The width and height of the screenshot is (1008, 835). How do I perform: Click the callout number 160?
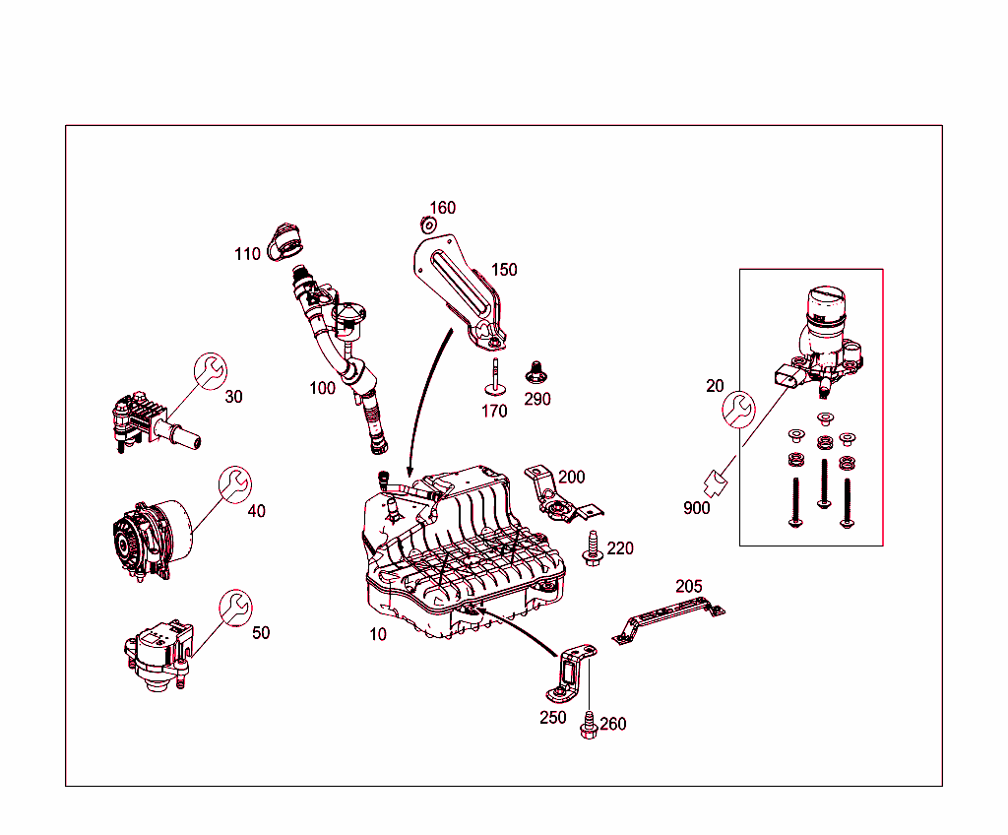click(442, 208)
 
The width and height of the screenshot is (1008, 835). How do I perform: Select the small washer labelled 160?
click(428, 225)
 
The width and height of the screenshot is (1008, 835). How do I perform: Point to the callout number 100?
click(322, 388)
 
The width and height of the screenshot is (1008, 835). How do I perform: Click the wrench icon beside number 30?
click(211, 371)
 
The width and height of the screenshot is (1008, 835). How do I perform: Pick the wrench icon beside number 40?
click(234, 484)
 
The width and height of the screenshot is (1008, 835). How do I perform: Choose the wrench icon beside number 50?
click(235, 608)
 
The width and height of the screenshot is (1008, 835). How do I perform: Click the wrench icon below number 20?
click(738, 410)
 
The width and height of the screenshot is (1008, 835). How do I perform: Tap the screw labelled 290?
click(535, 372)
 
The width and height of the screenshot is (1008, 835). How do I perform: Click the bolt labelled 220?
click(592, 548)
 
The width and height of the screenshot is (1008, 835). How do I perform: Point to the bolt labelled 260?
click(589, 725)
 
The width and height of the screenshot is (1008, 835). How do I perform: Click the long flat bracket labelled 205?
click(668, 619)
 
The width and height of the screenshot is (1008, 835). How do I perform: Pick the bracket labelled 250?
click(571, 674)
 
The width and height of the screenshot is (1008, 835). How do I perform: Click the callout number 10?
click(377, 634)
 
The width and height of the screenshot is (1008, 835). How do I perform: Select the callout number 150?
click(504, 270)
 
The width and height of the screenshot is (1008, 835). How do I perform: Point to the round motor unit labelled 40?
click(152, 540)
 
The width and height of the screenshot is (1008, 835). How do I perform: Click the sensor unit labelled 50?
click(158, 656)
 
